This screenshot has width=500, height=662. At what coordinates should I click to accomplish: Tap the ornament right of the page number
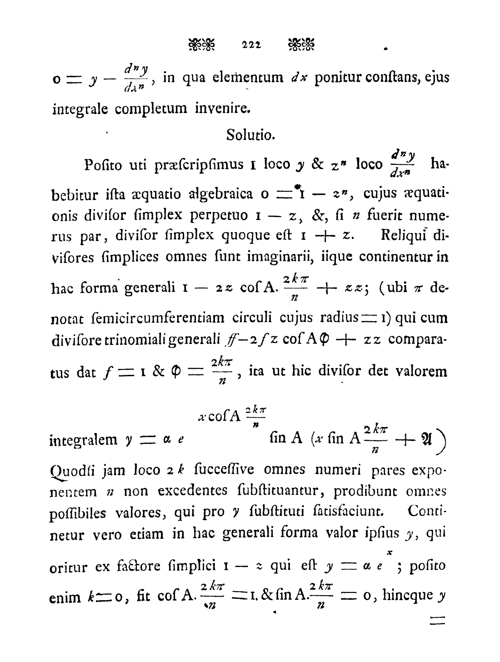301,45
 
